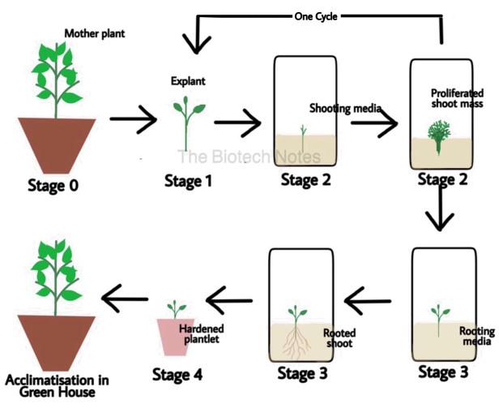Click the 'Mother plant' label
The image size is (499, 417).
tap(95, 33)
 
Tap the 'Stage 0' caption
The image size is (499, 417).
tap(53, 186)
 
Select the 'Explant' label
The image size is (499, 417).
tap(188, 81)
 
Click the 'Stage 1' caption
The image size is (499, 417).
tap(188, 181)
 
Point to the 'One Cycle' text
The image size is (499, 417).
tap(316, 16)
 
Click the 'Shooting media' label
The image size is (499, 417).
tap(345, 109)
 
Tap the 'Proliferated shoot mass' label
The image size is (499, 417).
tap(457, 98)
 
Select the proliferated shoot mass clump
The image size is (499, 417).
tap(439, 136)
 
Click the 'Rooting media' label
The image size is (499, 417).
tap(476, 337)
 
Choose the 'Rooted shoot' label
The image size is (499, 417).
tap(339, 338)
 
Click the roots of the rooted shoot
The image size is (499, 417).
tap(296, 342)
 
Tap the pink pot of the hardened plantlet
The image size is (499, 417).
tap(174, 337)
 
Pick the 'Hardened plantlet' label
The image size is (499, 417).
tap(202, 333)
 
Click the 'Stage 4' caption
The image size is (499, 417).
tap(177, 374)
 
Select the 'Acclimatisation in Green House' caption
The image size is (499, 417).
tap(57, 386)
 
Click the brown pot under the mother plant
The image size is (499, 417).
tap(57, 145)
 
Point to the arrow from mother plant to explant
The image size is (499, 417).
tap(134, 119)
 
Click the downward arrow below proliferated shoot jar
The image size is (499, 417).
tap(440, 207)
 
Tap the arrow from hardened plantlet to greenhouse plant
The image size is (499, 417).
tap(125, 299)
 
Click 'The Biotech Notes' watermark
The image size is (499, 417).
tap(249, 157)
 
